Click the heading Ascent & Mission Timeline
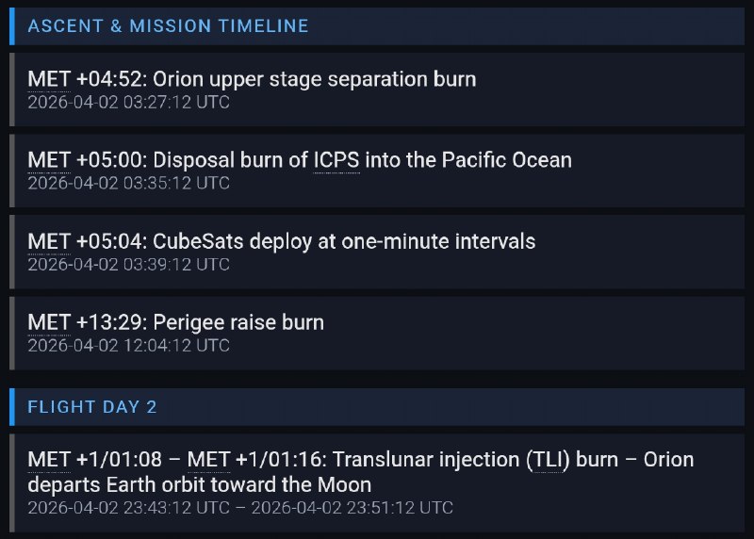tap(168, 26)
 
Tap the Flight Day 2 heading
tap(91, 407)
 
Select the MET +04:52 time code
tap(88, 79)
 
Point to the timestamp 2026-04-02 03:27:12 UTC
tap(128, 103)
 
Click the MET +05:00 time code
tap(88, 160)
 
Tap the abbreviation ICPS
tap(336, 160)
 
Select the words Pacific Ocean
tap(507, 160)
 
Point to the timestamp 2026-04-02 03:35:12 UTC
tap(128, 183)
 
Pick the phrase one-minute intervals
tap(438, 241)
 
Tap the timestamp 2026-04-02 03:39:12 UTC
tap(128, 265)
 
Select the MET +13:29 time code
tap(88, 322)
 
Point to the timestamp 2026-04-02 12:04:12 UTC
tap(128, 346)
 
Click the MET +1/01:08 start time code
tap(95, 460)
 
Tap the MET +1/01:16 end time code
tap(256, 460)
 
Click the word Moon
tap(344, 484)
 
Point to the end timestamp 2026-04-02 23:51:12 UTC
tap(352, 508)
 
